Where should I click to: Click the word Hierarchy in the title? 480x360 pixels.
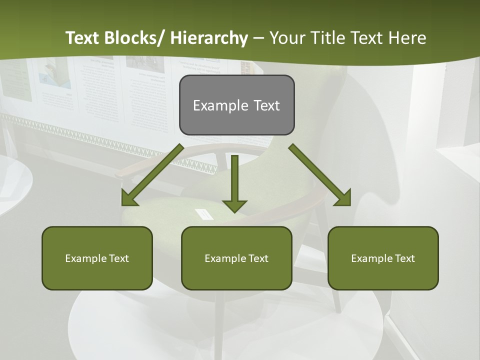(x=209, y=38)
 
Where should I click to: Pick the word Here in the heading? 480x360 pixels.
(x=408, y=38)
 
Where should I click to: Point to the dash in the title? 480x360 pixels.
(x=258, y=38)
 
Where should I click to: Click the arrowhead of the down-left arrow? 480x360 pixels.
(x=129, y=198)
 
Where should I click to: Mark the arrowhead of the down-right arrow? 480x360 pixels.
(x=344, y=198)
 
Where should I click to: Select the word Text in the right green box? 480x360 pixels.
(x=404, y=258)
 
